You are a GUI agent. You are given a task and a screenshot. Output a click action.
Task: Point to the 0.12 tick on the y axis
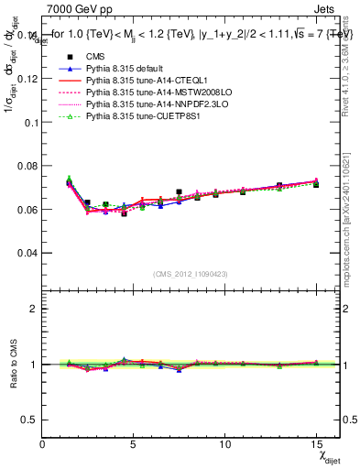(x=27, y=78)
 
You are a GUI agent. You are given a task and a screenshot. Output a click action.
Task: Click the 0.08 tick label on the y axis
(x=27, y=165)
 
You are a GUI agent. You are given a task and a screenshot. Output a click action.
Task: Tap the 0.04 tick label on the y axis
(x=27, y=252)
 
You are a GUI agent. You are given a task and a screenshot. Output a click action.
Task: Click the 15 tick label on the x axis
(x=316, y=442)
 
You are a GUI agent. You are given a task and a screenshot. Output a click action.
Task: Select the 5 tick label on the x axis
(x=134, y=442)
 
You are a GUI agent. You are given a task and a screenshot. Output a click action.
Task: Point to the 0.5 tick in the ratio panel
(x=30, y=420)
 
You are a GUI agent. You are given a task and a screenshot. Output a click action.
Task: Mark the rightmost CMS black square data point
(x=316, y=184)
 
